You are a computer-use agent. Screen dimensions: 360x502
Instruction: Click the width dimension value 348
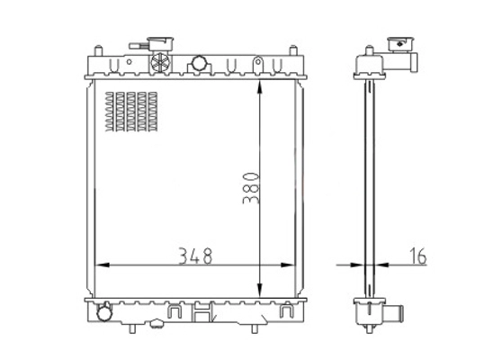(195, 256)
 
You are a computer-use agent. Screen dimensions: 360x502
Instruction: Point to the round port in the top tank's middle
(199, 65)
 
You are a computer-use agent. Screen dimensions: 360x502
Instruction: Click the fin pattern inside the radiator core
(131, 112)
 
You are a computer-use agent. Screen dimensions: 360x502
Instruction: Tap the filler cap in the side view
(402, 45)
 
